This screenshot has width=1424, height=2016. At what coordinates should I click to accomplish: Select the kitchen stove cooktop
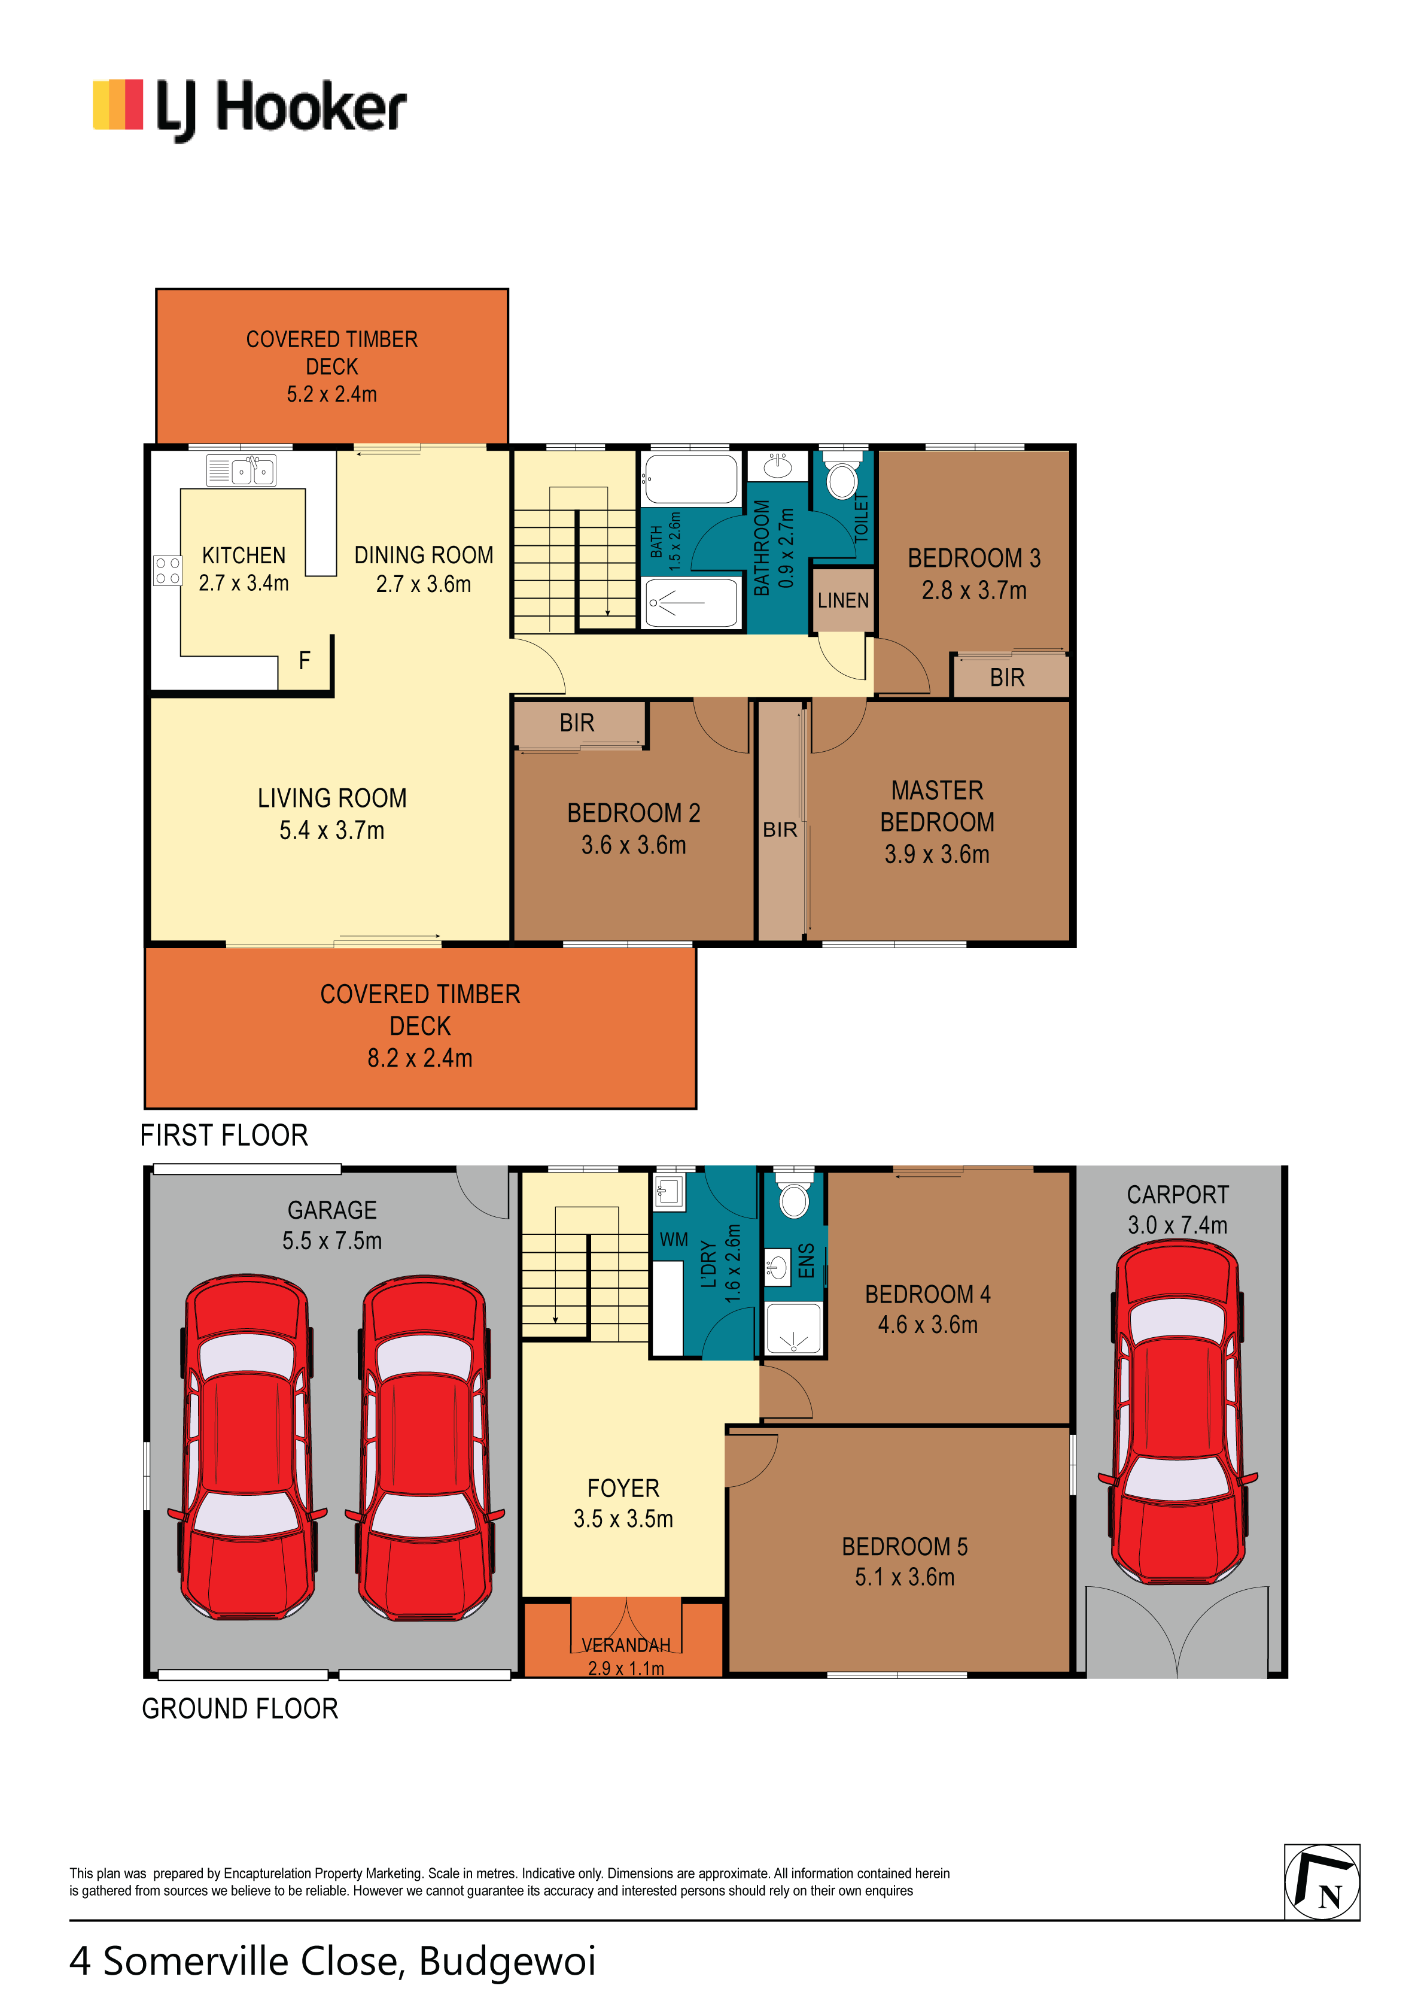click(167, 570)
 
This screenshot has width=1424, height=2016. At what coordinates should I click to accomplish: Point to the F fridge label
click(305, 660)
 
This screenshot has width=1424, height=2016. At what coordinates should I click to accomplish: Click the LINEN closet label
click(843, 600)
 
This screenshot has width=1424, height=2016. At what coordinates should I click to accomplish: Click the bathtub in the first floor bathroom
click(691, 479)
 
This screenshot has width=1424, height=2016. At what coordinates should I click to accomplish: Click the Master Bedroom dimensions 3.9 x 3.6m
click(937, 854)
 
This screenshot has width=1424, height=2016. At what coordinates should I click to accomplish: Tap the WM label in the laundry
click(674, 1240)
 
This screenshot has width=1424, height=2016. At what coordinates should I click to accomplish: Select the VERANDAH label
click(625, 1645)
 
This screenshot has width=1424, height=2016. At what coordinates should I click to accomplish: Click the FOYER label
click(623, 1488)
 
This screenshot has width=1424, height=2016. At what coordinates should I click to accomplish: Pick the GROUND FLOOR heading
click(240, 1709)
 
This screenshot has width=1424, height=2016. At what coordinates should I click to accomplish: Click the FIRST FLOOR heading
click(224, 1135)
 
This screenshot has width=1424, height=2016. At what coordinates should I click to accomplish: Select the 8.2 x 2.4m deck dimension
click(419, 1058)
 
